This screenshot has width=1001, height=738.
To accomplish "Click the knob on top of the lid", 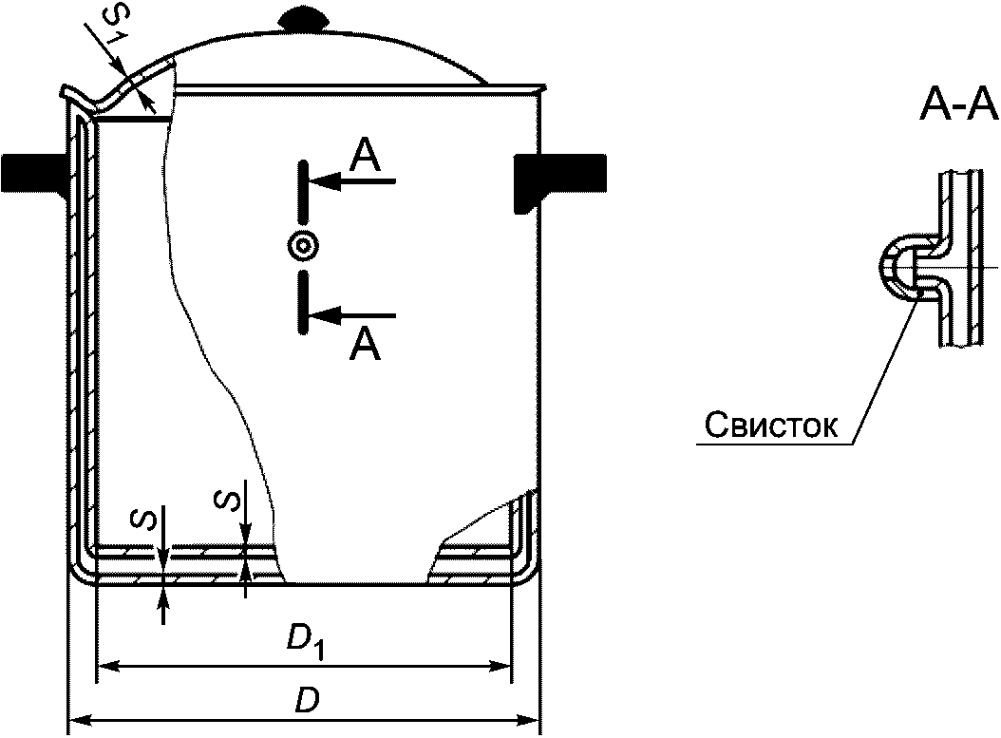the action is tap(303, 18).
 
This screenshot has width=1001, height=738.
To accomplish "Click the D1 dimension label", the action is tap(306, 642).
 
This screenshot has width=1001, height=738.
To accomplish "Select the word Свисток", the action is tap(771, 426).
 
